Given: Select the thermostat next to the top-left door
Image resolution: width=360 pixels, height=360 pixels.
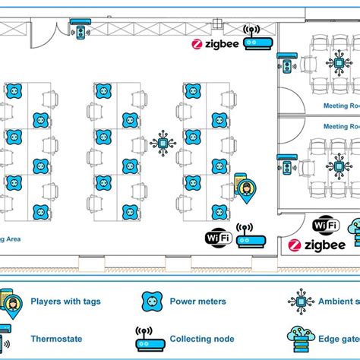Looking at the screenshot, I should pos(81,33).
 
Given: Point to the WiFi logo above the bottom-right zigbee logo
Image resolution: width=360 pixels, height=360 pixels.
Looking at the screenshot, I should pos(326,225).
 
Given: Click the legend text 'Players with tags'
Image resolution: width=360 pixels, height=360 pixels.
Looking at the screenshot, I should pos(65,302).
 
